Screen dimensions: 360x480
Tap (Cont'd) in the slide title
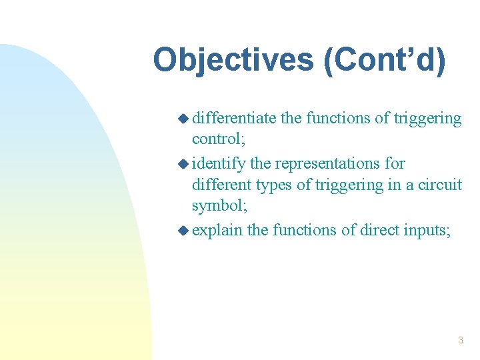[x=384, y=60]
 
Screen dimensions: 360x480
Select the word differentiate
[x=234, y=119]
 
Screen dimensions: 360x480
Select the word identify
[x=219, y=163]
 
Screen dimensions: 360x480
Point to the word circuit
[x=439, y=185]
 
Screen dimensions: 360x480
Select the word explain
[x=217, y=230]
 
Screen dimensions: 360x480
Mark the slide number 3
[x=460, y=341]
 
